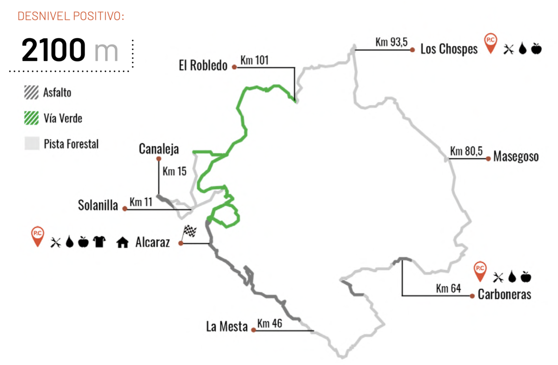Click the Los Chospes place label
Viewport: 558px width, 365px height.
click(x=449, y=49)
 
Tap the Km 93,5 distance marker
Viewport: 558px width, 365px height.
click(x=392, y=43)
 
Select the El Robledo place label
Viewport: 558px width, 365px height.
click(x=203, y=66)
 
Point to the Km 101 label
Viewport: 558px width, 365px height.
click(x=254, y=60)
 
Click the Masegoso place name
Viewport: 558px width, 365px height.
click(x=516, y=156)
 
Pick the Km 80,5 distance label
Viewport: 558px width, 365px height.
click(x=466, y=152)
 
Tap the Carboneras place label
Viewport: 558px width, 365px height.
click(x=504, y=295)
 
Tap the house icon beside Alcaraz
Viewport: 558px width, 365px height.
click(x=122, y=242)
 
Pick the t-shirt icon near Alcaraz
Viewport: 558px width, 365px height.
click(x=100, y=241)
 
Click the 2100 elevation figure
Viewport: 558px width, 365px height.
click(x=54, y=51)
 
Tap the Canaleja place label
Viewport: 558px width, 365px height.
click(x=159, y=149)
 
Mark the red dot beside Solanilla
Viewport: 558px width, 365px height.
click(x=125, y=209)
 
